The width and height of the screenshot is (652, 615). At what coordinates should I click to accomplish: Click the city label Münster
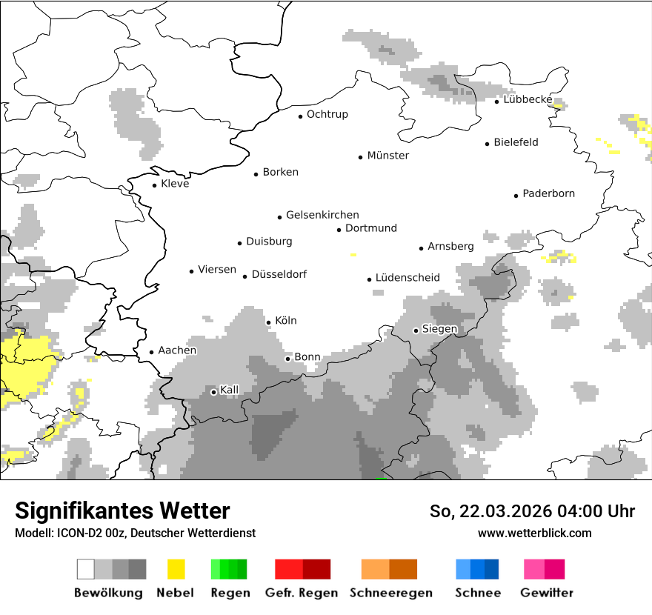coord(388,156)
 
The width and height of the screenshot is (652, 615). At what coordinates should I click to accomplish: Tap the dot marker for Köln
coord(269,322)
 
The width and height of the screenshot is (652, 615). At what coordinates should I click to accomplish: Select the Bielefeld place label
coord(516,142)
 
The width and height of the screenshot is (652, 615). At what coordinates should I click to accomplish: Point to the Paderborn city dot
coord(516,196)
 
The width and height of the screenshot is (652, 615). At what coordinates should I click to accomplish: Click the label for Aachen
coord(177,350)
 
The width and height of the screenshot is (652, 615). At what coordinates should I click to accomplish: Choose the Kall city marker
coord(214,392)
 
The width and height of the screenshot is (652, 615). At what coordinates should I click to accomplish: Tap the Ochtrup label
coord(327,114)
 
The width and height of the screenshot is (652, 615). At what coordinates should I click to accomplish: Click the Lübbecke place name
coord(528,99)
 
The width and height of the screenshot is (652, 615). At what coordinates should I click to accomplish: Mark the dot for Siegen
coord(416,330)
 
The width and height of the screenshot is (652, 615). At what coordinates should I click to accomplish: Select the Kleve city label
coord(175,184)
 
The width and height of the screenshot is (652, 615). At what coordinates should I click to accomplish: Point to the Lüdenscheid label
coord(408,278)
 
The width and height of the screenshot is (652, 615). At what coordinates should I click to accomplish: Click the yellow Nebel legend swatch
coord(176,569)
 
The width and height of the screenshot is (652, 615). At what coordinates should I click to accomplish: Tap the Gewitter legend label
coord(547,593)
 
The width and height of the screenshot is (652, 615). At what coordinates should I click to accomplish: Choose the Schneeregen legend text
coord(391,593)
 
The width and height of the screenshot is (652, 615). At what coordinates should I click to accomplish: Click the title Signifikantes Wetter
coord(122,511)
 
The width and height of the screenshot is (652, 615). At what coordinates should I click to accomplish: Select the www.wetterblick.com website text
coord(534,533)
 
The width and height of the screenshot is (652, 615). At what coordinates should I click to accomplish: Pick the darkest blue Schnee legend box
coord(491,569)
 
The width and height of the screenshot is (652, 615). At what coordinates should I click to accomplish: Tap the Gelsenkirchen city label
coord(322,215)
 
